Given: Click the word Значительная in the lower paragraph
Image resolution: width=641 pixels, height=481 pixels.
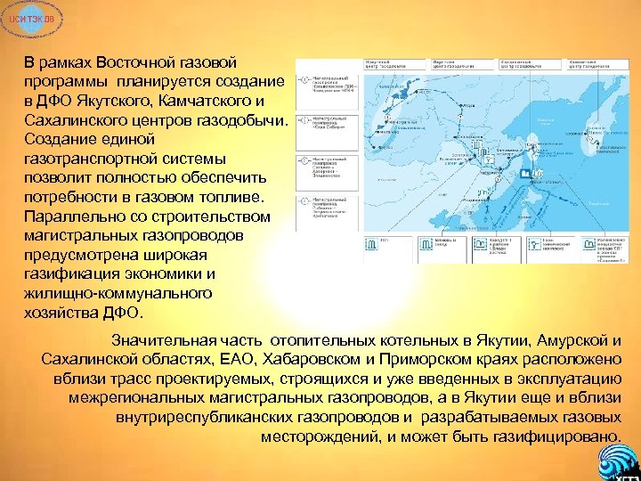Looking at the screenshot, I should coord(164,340).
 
